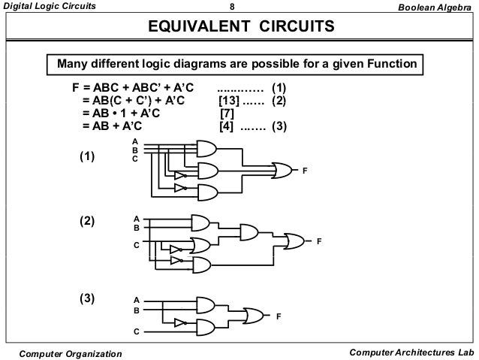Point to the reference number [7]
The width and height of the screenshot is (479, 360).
click(227, 113)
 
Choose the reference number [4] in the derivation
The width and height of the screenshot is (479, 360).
click(227, 126)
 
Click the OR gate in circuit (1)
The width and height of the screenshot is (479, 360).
click(284, 170)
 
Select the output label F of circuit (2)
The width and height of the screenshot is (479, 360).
click(319, 242)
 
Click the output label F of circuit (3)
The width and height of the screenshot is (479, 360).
click(279, 316)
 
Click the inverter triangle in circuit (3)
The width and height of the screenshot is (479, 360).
click(179, 322)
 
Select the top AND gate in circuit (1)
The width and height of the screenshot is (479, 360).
click(206, 148)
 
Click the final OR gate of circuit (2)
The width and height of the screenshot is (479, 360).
click(294, 241)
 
